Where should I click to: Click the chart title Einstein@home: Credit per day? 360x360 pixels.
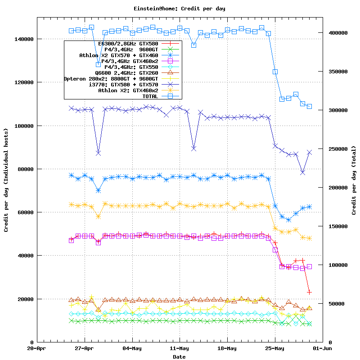tap(179, 9)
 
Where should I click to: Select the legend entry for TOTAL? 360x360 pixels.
tap(153, 96)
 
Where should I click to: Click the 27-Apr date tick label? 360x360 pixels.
tap(84, 348)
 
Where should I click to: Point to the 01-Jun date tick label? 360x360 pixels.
tap(322, 348)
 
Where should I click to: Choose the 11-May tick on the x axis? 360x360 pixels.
tap(179, 348)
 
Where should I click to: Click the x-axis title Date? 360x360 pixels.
tap(179, 357)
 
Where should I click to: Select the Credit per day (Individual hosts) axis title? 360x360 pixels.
tap(6, 180)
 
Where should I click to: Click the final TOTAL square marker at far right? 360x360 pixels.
tap(309, 106)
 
